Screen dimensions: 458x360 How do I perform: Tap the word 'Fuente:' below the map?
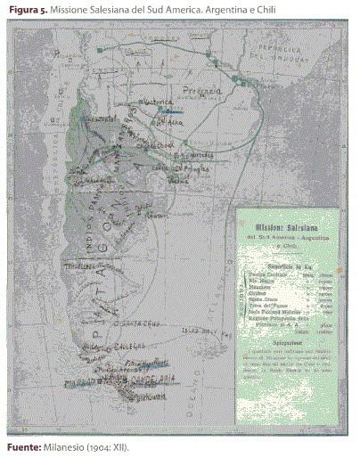click(20, 446)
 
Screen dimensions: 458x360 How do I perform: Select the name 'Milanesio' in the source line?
click(63, 446)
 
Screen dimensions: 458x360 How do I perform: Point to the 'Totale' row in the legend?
click(294, 342)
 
